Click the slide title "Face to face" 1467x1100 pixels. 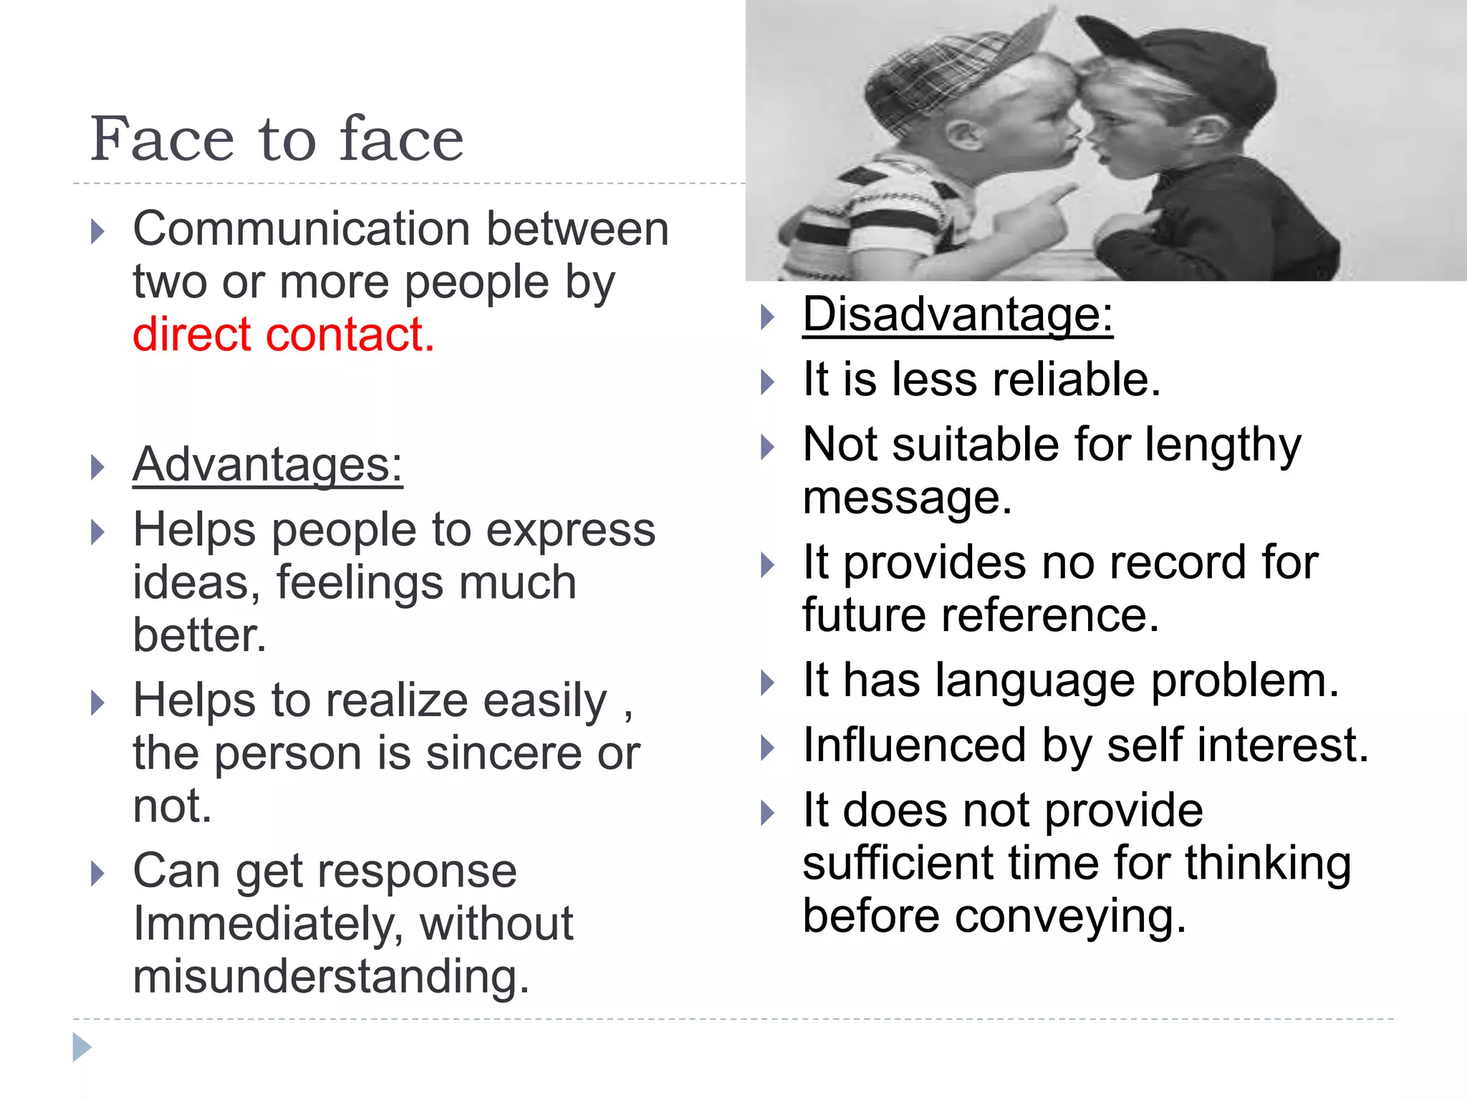[276, 139]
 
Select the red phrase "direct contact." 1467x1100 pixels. [284, 334]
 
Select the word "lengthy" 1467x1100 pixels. [1223, 446]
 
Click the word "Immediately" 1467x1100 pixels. [268, 924]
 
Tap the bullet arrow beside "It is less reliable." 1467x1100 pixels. [767, 382]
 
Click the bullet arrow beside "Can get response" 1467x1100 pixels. [97, 874]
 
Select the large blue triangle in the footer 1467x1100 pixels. [82, 1047]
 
